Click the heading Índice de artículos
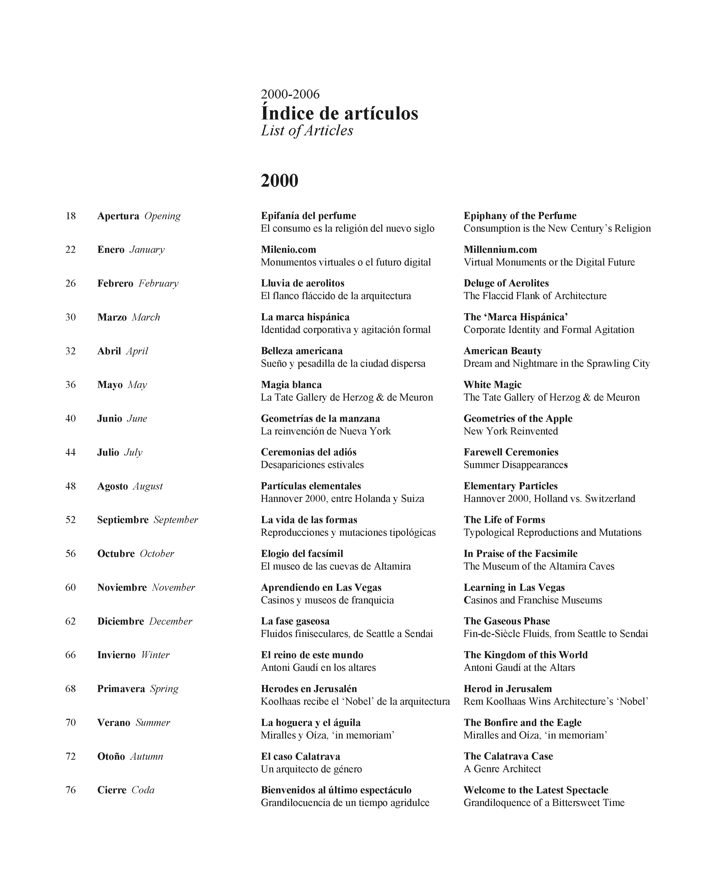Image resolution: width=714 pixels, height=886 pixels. (339, 113)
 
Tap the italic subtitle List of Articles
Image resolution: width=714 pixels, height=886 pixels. (307, 131)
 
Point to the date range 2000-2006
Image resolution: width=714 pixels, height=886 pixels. (290, 94)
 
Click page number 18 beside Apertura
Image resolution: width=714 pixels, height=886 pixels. (71, 216)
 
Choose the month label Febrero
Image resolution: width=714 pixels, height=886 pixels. (115, 283)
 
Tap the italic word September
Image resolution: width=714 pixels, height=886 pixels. (176, 520)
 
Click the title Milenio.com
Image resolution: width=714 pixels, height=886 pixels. (288, 250)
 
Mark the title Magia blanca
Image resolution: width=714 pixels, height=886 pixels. (291, 385)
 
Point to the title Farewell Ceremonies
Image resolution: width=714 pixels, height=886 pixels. (511, 452)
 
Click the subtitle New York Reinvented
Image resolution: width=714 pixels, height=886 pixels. (511, 431)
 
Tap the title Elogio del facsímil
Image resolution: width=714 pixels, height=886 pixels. (302, 554)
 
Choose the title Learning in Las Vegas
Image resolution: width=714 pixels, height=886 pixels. (514, 587)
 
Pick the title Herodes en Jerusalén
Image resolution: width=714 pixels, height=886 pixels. (309, 688)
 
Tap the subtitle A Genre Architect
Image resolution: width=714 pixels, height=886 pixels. (502, 769)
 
